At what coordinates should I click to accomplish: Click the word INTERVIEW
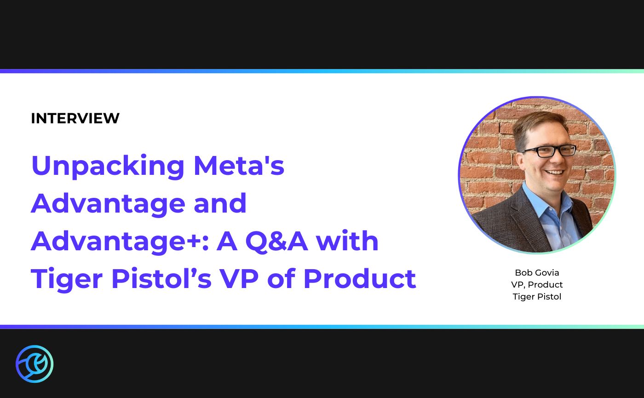[75, 119]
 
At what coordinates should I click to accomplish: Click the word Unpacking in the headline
[108, 167]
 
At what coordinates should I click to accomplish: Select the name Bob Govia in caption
[537, 273]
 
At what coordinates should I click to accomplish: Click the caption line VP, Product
[537, 285]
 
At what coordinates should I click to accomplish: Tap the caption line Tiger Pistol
[537, 297]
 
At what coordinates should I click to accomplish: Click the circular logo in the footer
[34, 364]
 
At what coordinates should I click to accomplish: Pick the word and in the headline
[220, 203]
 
